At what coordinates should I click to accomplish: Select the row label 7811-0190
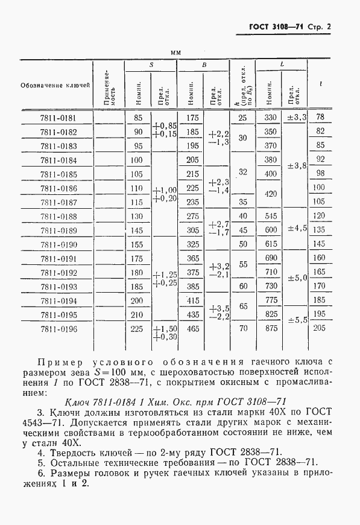58,244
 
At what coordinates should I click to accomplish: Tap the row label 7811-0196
58,329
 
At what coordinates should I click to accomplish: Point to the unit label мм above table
176,53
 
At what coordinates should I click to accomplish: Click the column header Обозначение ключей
55,84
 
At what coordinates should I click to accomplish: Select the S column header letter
151,64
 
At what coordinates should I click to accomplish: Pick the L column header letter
282,64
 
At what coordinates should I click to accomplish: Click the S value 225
136,329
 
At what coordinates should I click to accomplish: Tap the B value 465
192,329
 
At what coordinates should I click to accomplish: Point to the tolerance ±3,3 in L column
297,117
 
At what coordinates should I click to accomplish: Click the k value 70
243,329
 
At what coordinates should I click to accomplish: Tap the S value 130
136,216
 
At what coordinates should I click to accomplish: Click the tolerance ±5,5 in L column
297,320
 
